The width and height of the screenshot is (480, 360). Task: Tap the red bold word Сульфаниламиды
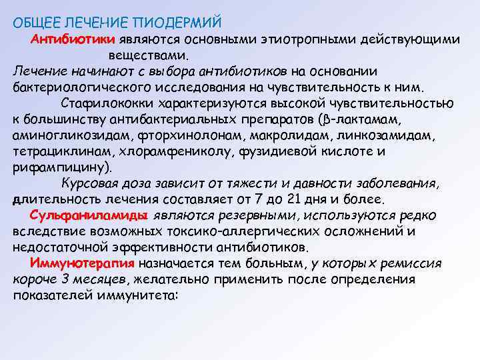(89, 215)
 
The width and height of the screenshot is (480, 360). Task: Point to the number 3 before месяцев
(62, 279)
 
